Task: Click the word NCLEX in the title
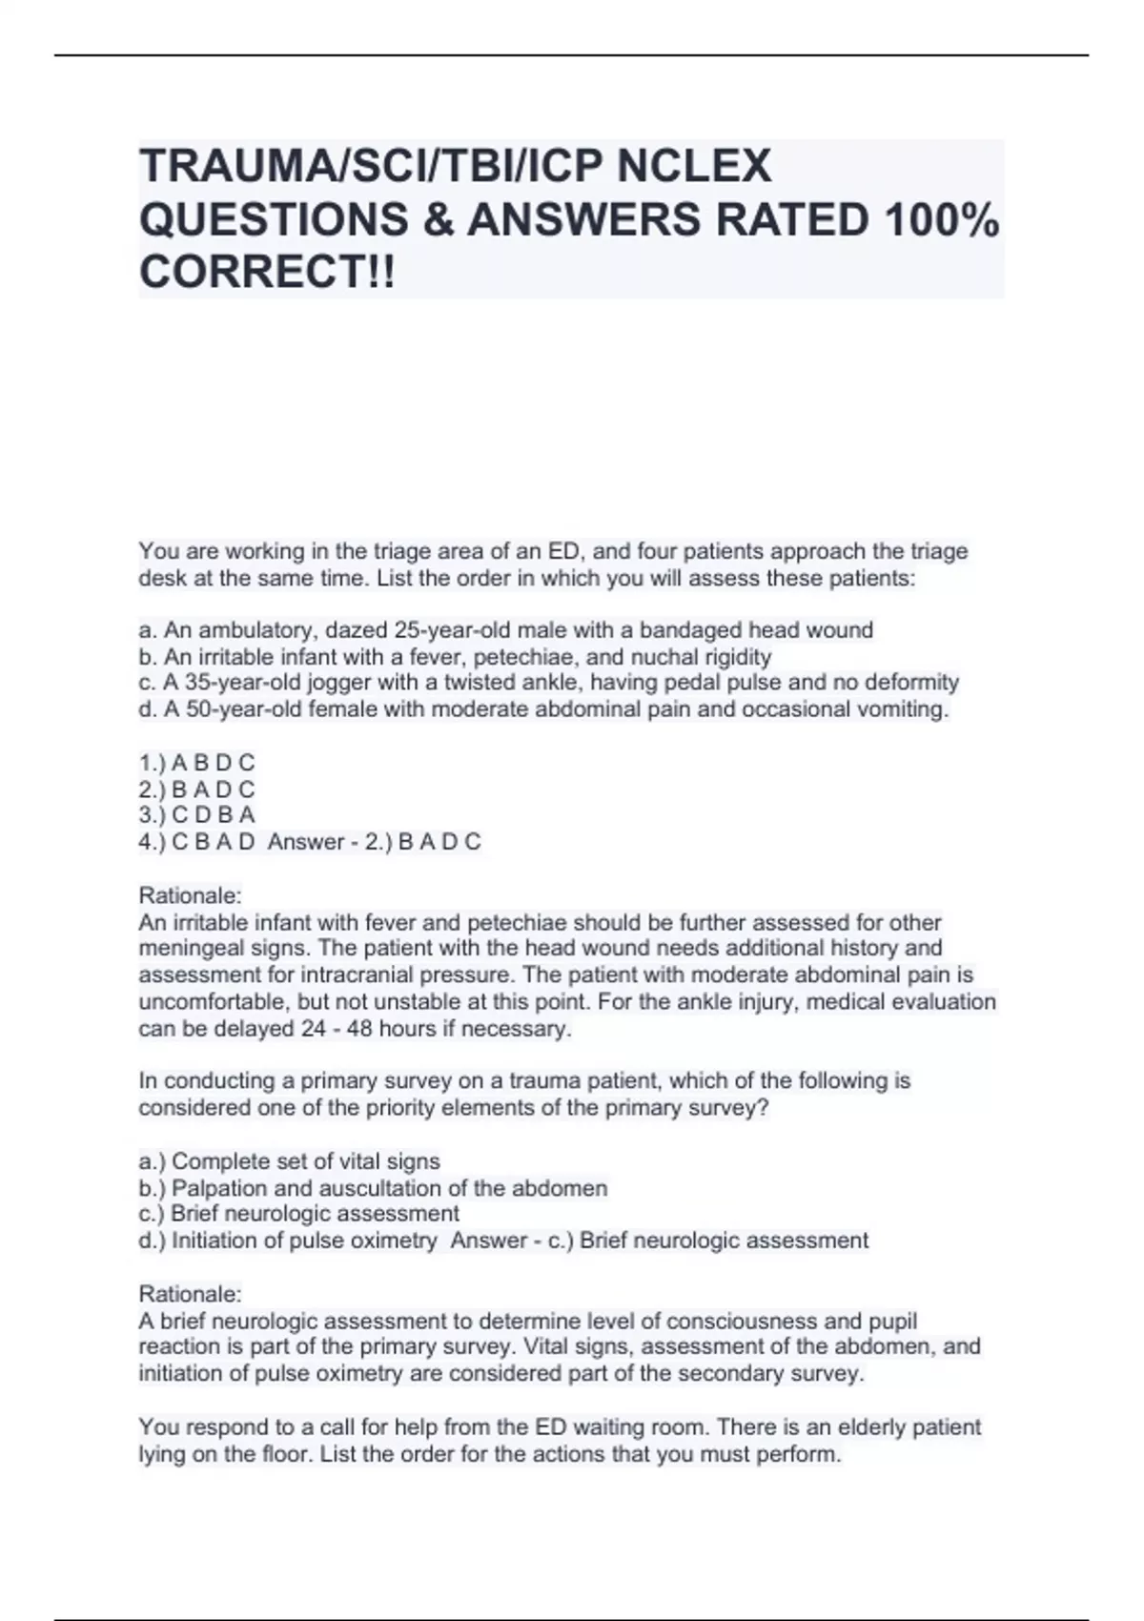(694, 167)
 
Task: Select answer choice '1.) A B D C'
(197, 763)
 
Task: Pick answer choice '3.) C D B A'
(197, 815)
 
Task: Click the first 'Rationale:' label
(191, 895)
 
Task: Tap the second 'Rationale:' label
(191, 1294)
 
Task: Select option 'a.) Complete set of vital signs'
(290, 1161)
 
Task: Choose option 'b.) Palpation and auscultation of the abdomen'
(373, 1188)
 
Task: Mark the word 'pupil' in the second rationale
(893, 1322)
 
